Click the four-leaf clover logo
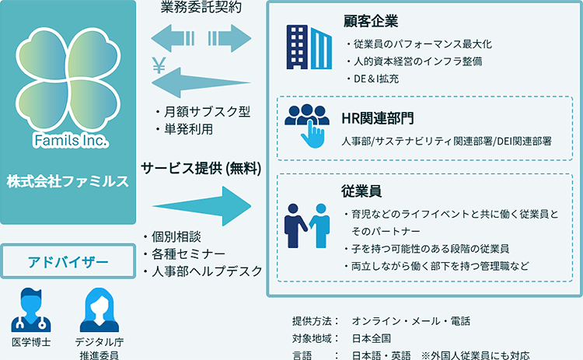pyautogui.click(x=69, y=78)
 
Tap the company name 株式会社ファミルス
pyautogui.click(x=68, y=180)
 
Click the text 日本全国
pyautogui.click(x=371, y=338)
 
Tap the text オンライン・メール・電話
pyautogui.click(x=410, y=320)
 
